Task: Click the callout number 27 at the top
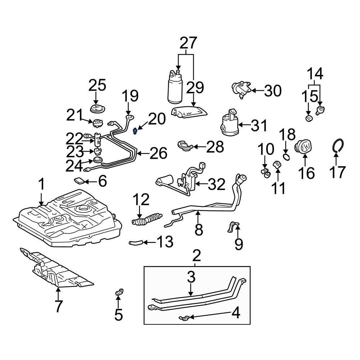click(188, 43)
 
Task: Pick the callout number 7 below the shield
click(58, 306)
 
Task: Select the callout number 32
click(217, 185)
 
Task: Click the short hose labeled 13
click(136, 243)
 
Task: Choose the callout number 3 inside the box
click(191, 277)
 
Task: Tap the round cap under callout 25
click(96, 109)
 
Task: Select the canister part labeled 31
click(229, 124)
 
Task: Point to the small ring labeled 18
click(286, 156)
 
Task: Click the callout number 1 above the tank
click(41, 184)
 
